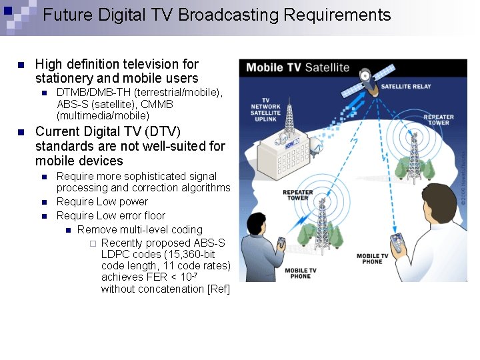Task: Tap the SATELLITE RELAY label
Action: (406, 86)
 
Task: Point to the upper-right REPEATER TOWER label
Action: (438, 120)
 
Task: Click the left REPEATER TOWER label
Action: (298, 195)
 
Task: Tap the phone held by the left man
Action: (281, 243)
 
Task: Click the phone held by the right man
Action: (397, 242)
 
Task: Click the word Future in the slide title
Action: (67, 15)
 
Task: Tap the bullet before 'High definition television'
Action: (21, 65)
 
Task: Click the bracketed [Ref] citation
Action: (219, 289)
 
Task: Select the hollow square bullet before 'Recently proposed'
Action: (93, 243)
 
